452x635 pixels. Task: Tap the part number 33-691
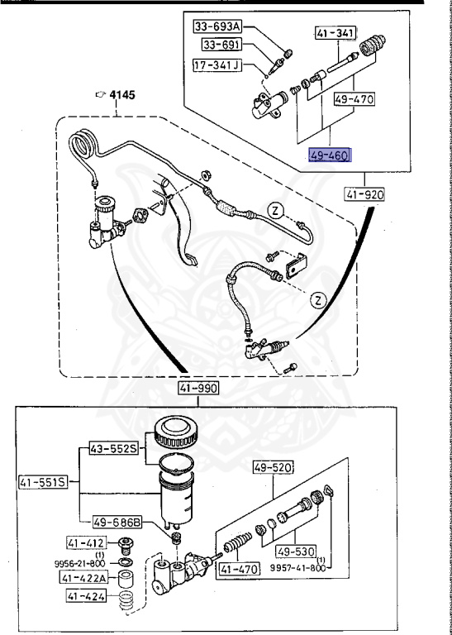pyautogui.click(x=216, y=46)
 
